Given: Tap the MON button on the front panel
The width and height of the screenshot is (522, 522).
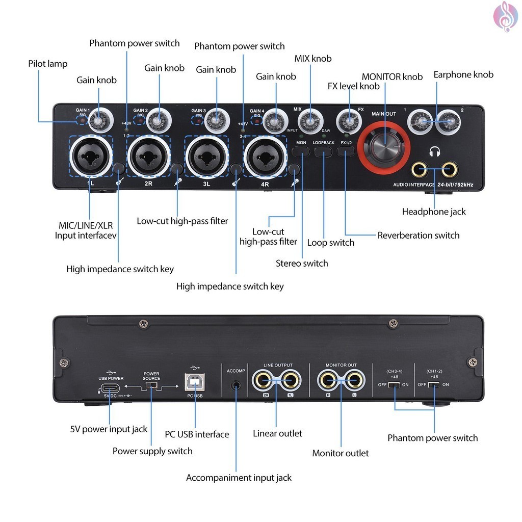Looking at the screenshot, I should point(301,150).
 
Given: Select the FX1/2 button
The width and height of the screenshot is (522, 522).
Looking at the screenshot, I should point(346,150).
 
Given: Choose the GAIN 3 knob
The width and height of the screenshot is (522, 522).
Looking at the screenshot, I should point(216,120).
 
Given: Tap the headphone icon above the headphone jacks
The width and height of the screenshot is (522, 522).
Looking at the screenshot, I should point(434,151).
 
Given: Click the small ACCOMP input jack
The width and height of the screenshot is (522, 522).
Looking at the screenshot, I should point(236,384).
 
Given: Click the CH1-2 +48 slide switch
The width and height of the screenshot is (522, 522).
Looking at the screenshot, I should point(434,384).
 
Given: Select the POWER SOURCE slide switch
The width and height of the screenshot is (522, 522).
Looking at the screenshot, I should point(151,385).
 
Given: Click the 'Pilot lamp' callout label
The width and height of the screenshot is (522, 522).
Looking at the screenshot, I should point(48,64).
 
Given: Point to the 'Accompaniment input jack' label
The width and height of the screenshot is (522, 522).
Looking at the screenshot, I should point(239,478).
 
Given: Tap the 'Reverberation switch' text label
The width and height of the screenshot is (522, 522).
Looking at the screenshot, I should point(418,235).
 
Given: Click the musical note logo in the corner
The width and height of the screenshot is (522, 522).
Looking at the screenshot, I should point(505,16).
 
